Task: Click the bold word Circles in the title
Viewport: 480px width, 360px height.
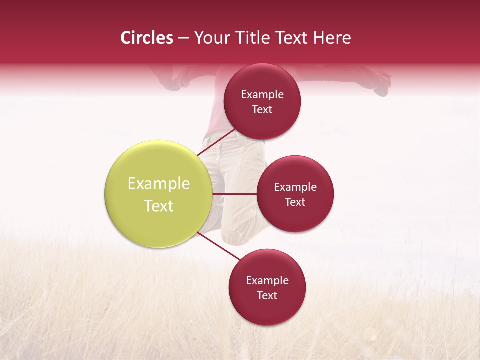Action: (x=146, y=38)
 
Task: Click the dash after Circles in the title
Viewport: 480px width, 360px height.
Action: (x=183, y=38)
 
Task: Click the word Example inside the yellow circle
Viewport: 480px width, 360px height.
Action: (x=158, y=184)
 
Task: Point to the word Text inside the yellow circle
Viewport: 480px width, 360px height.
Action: (x=158, y=206)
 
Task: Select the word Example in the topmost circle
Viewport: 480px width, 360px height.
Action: (x=262, y=95)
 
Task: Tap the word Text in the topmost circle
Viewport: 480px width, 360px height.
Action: (x=262, y=110)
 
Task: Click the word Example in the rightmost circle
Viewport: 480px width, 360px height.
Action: (x=295, y=187)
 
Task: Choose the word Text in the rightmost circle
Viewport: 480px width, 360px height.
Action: (x=295, y=202)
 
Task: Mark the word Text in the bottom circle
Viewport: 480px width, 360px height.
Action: (x=267, y=296)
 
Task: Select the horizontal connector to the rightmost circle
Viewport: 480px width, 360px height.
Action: (x=235, y=194)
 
